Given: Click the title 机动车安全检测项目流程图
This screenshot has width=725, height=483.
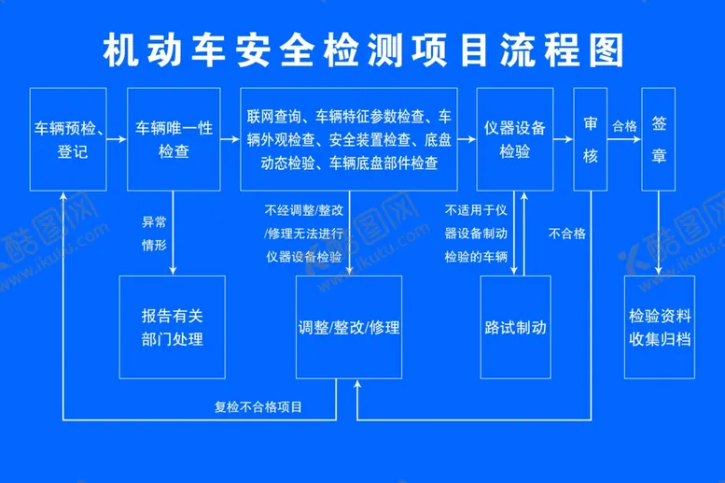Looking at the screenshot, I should [x=362, y=50].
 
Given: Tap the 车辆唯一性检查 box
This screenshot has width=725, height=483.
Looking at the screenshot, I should [x=171, y=137].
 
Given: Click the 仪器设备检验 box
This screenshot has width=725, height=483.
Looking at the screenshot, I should [x=514, y=137].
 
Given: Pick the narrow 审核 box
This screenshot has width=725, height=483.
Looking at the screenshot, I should [x=591, y=138].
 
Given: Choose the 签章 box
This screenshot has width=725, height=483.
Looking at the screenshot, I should [x=658, y=138].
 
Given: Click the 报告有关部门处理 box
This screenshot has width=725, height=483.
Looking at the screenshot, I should [x=173, y=327].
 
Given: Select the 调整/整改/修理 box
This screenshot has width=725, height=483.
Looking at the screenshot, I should [x=349, y=327].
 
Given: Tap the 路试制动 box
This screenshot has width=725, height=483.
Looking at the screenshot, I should [x=514, y=327].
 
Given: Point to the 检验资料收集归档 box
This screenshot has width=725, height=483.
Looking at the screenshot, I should [x=660, y=327].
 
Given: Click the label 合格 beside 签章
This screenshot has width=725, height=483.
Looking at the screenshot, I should [x=623, y=125].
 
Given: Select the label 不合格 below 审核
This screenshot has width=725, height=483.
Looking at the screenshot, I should [x=568, y=234].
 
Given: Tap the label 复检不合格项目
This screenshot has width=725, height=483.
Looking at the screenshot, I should [x=263, y=405].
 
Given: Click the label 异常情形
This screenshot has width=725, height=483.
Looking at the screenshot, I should [x=155, y=234].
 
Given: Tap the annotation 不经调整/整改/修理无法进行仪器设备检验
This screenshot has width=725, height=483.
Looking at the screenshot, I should [x=303, y=233].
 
